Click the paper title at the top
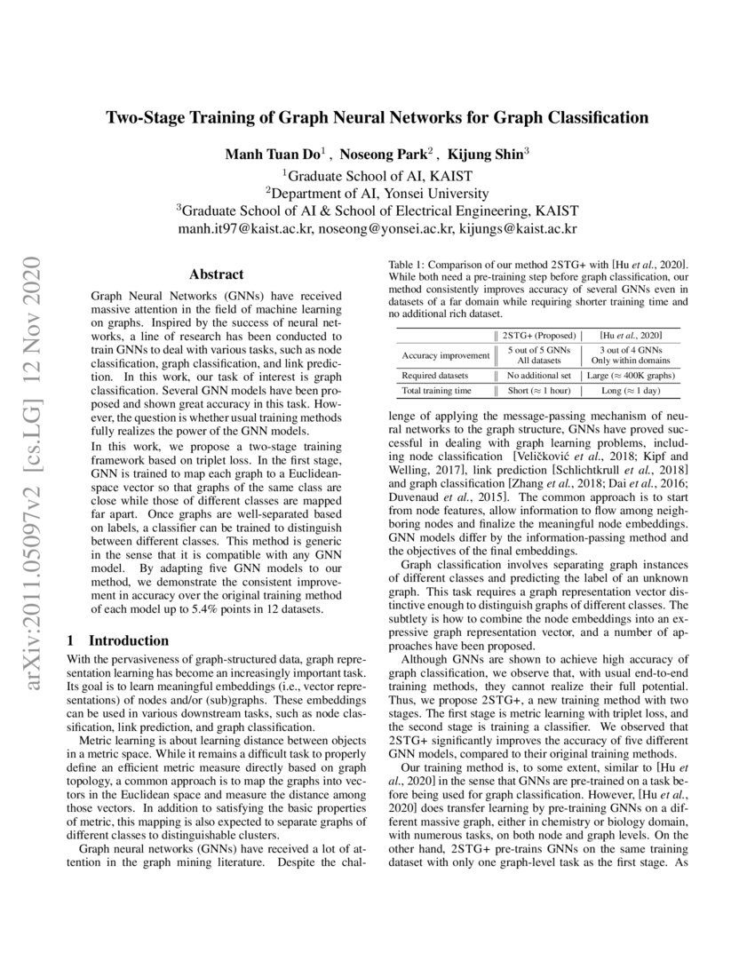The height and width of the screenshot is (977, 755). [x=377, y=117]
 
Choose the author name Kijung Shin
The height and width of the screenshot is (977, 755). [x=491, y=154]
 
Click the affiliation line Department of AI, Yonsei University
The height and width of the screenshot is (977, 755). [x=377, y=193]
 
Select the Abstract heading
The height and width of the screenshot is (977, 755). [x=217, y=275]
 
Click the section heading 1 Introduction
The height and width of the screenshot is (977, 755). [x=118, y=640]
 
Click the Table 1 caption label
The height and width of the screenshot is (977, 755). [x=411, y=265]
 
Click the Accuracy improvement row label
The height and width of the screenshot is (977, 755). [x=445, y=355]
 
